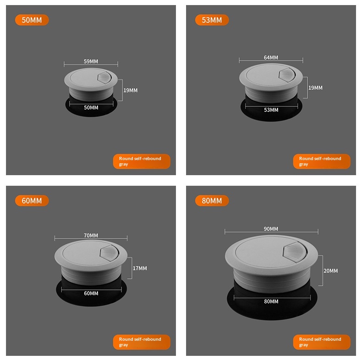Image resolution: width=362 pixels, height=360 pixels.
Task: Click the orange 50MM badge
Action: (x=32, y=20)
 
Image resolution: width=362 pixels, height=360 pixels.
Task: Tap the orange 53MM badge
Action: (x=212, y=20)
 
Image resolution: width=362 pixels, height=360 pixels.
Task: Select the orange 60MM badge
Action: (x=32, y=200)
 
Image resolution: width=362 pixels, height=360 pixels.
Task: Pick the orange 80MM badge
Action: (x=212, y=200)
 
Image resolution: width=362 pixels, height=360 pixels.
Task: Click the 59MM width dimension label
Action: (x=91, y=61)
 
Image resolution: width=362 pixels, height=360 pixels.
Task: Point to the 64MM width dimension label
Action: (x=271, y=57)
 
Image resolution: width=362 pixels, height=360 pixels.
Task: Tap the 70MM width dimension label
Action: (x=91, y=235)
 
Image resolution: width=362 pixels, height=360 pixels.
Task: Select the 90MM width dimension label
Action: (x=271, y=229)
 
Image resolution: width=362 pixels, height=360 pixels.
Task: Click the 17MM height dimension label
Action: (x=140, y=268)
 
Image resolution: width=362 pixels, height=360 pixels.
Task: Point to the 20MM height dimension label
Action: (x=330, y=271)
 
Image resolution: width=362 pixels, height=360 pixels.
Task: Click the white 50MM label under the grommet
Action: (x=91, y=107)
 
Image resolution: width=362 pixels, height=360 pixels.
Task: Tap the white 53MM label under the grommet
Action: (x=271, y=110)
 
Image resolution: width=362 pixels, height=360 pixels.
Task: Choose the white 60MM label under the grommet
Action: (x=91, y=293)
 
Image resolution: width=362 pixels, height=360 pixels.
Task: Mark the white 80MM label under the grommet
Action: (x=271, y=301)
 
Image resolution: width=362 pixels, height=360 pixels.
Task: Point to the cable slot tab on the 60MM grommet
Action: (x=109, y=254)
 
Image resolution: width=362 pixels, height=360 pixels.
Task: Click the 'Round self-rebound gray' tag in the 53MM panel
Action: (x=322, y=161)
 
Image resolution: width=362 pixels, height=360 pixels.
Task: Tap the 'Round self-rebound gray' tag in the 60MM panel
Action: (x=142, y=342)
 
